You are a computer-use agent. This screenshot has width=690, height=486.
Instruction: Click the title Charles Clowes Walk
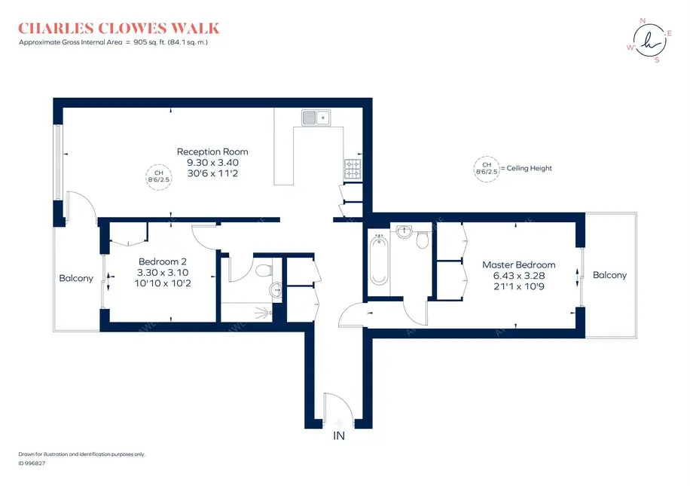(x=118, y=29)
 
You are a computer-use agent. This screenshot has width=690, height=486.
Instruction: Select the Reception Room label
(x=212, y=151)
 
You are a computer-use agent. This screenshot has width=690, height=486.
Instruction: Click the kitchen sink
(x=316, y=118)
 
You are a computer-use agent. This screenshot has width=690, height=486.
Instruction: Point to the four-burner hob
(x=353, y=170)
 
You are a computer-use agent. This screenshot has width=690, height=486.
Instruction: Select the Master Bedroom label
(x=518, y=264)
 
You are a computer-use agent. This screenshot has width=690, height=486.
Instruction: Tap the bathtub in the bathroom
(x=378, y=260)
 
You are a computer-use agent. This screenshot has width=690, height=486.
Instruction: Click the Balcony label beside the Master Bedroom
(x=609, y=275)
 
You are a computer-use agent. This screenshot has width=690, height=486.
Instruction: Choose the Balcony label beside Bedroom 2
(x=76, y=278)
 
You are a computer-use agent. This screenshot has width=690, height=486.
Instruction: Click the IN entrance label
(x=338, y=436)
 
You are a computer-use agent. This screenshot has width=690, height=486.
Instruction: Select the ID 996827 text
(x=32, y=463)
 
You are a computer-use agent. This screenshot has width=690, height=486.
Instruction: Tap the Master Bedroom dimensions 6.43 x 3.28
(x=518, y=276)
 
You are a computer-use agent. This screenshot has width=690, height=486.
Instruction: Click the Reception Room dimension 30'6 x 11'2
(x=212, y=173)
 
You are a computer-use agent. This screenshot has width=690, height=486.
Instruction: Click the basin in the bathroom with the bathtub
(x=405, y=231)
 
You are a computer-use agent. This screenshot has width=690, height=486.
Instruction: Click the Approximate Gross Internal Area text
(x=113, y=43)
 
